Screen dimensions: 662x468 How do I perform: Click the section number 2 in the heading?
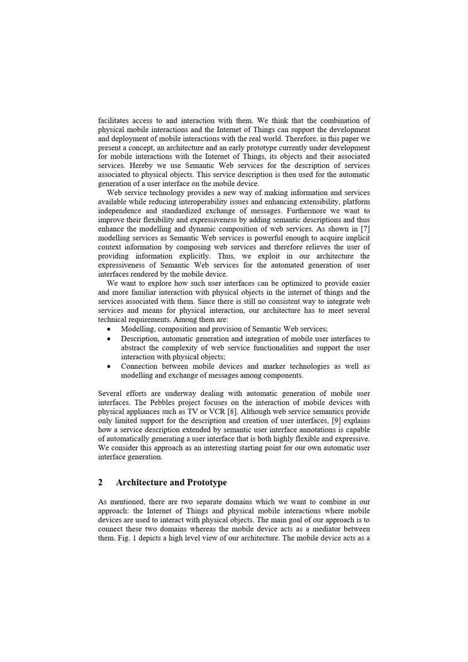point(101,483)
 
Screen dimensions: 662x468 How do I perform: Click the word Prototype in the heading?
point(205,483)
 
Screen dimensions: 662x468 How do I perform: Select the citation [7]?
point(364,228)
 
